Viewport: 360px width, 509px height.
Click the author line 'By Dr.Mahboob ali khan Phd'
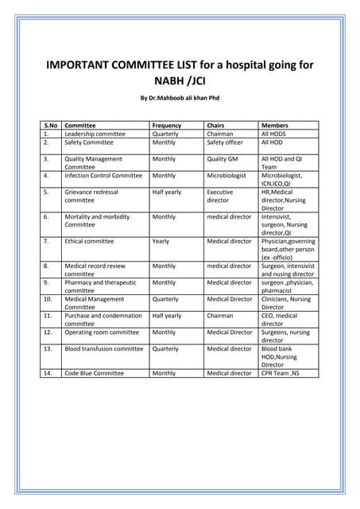point(180,98)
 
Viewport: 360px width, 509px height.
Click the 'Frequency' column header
point(166,126)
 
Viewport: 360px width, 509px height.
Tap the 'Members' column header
point(274,126)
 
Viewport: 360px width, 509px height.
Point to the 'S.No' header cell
point(51,126)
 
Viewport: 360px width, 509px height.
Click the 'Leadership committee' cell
point(95,134)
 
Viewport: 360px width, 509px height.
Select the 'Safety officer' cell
point(225,143)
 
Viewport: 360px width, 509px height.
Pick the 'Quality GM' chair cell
point(223,159)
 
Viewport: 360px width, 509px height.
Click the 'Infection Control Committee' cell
point(103,175)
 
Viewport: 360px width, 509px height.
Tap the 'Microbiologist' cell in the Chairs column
point(226,175)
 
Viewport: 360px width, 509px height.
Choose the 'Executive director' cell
point(220,196)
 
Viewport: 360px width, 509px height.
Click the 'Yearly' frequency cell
point(161,241)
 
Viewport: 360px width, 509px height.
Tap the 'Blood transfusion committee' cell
point(104,348)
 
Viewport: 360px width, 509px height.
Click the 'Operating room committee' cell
point(102,332)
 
